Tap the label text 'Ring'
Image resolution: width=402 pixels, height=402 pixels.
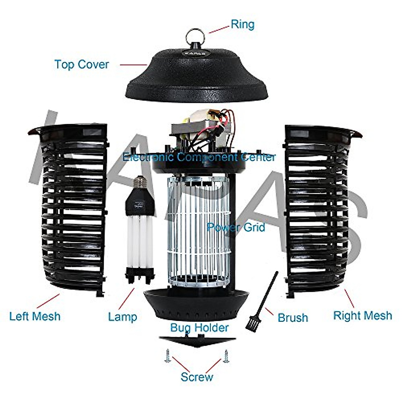243,24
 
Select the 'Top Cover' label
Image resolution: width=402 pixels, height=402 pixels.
81,64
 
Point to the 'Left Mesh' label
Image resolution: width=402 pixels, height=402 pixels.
35,316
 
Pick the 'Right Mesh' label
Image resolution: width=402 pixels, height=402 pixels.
362,316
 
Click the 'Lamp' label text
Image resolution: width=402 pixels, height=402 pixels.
122,317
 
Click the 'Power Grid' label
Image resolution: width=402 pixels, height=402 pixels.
236,227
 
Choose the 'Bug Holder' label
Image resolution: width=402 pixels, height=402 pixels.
199,327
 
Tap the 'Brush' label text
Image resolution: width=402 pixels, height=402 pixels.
292,318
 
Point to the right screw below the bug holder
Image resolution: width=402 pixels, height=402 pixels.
226,355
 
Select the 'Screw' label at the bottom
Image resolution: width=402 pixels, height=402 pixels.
197,377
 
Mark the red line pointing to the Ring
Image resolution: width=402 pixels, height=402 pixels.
219,29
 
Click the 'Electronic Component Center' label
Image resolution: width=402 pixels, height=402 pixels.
199,157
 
